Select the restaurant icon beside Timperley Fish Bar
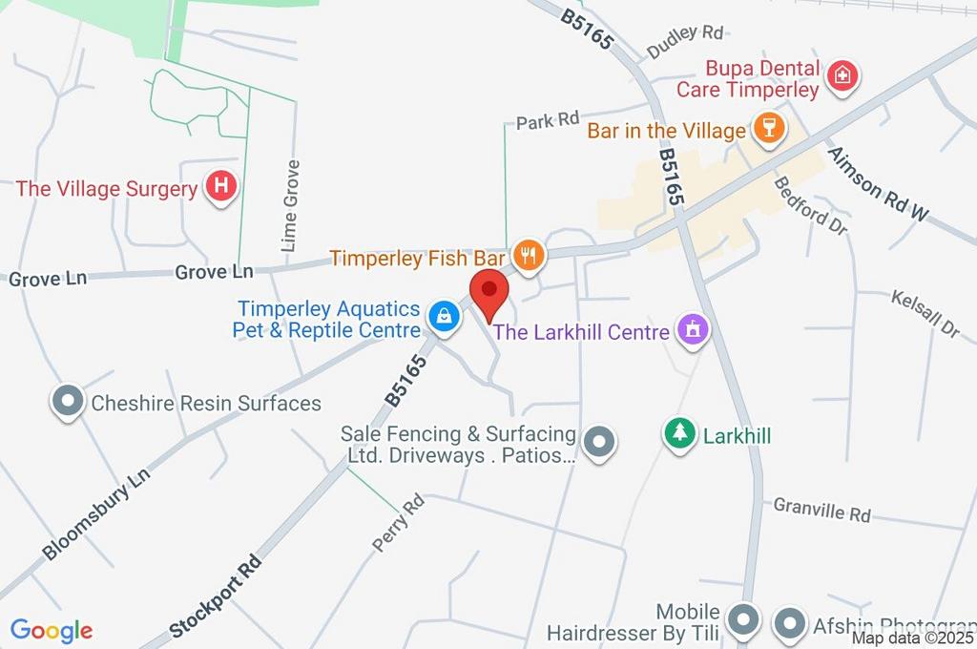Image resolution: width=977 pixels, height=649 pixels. (x=528, y=255)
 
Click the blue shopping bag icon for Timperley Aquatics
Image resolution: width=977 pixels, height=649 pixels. (x=443, y=316)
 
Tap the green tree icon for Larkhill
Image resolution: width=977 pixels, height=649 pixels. (x=679, y=434)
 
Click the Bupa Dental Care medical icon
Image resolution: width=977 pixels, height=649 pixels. (x=842, y=76)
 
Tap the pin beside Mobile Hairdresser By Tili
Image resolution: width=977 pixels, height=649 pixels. (x=743, y=621)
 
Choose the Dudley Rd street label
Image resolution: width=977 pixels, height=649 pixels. (x=685, y=40)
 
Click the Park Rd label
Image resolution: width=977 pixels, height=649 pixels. (x=548, y=120)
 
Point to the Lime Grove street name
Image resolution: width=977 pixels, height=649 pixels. (x=291, y=206)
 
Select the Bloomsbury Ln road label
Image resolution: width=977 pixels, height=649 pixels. (x=96, y=514)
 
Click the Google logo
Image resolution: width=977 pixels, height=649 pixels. (x=52, y=630)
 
